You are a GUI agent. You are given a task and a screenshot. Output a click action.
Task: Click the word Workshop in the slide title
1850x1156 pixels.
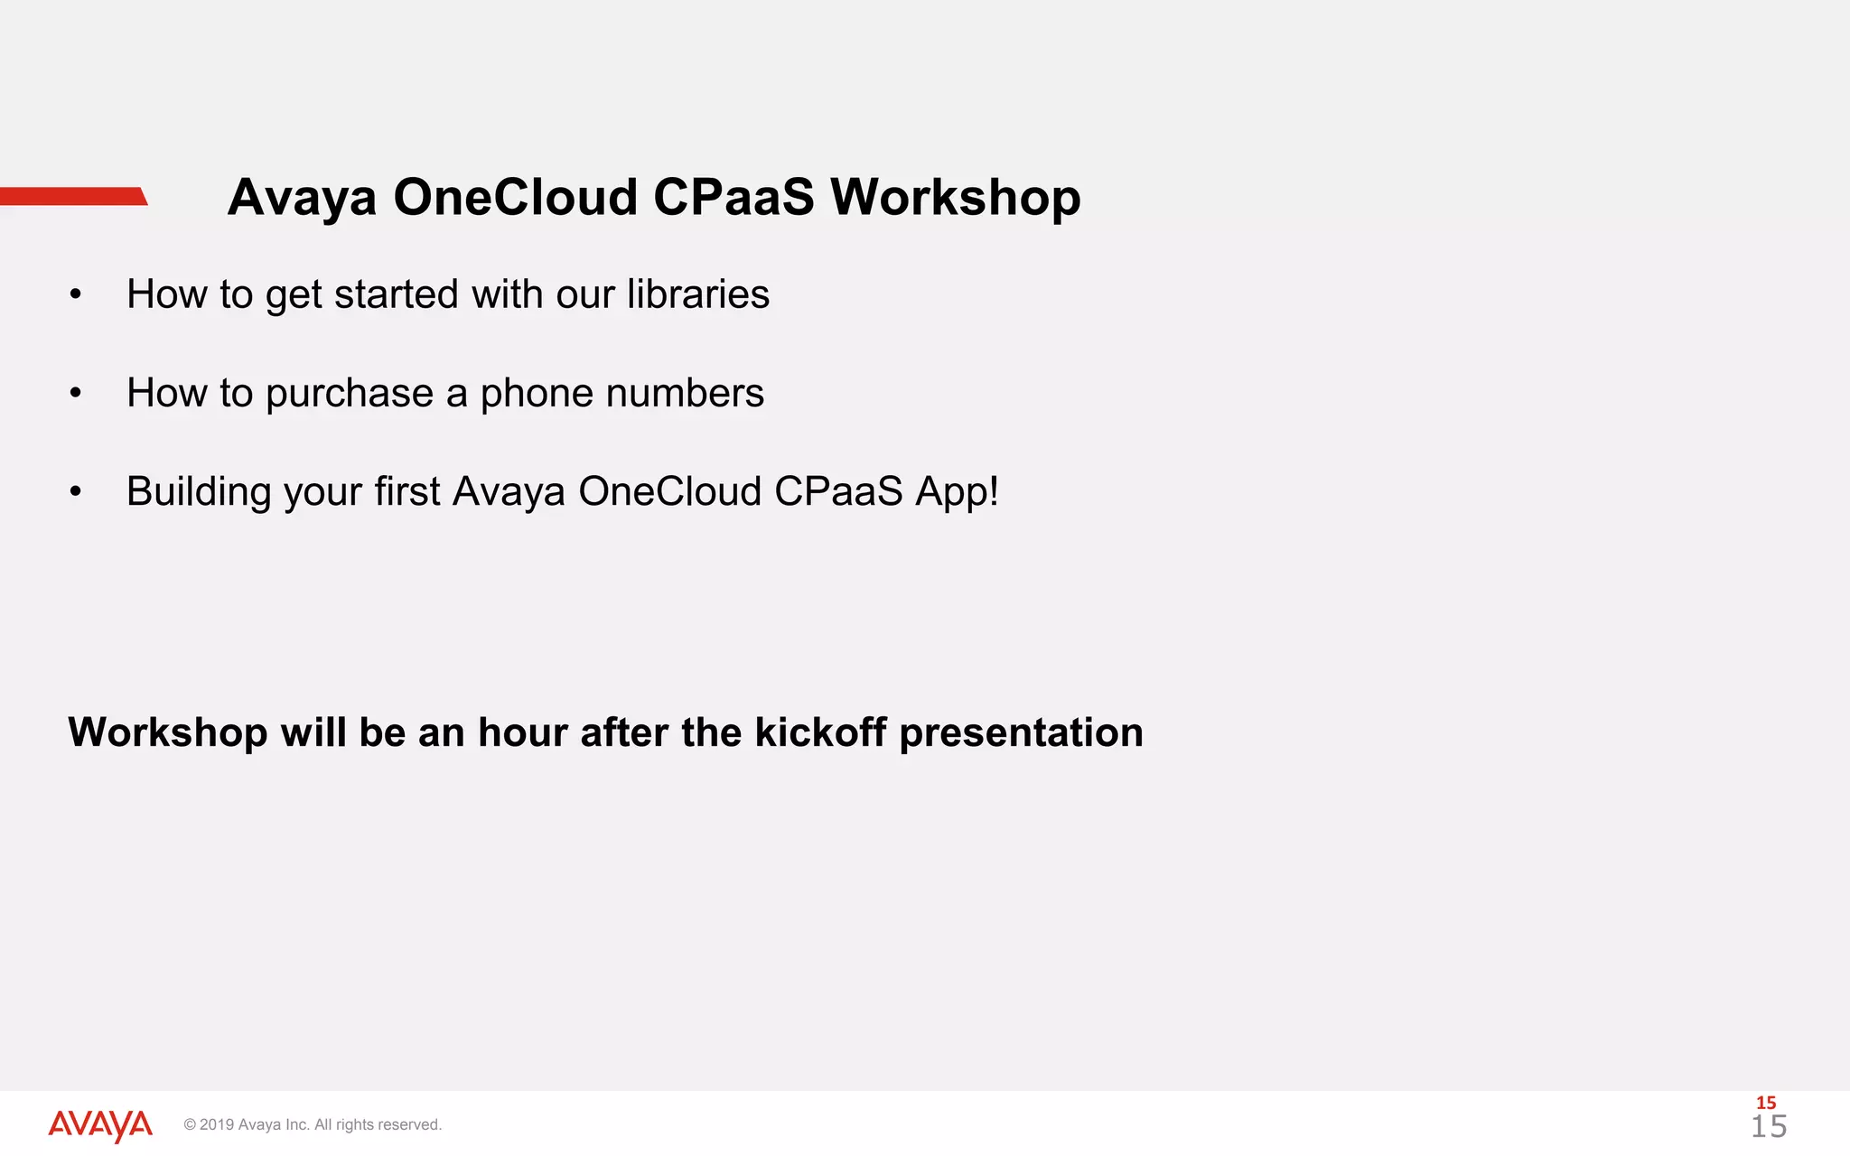pos(955,197)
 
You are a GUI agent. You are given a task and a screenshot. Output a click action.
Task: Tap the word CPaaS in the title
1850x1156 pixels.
pos(733,197)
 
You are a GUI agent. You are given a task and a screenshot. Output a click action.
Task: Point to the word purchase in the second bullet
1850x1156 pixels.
pos(349,394)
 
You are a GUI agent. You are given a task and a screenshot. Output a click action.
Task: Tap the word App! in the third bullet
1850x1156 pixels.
pos(956,493)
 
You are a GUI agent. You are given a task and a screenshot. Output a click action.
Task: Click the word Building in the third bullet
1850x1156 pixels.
pos(199,493)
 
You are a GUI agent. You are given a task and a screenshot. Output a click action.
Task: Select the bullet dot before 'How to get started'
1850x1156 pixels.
pos(76,294)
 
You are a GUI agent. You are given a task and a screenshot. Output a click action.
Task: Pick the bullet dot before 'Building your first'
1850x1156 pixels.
pos(76,492)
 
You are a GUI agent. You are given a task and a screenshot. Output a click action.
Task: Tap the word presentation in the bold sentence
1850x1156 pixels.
pos(1021,733)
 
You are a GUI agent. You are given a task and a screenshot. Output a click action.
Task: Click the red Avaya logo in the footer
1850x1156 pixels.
pos(99,1125)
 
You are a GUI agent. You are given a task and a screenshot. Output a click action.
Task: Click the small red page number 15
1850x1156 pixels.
pos(1766,1103)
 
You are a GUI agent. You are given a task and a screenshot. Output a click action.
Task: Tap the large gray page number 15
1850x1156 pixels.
pos(1769,1127)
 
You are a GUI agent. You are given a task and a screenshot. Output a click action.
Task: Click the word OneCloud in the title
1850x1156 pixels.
pos(515,197)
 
